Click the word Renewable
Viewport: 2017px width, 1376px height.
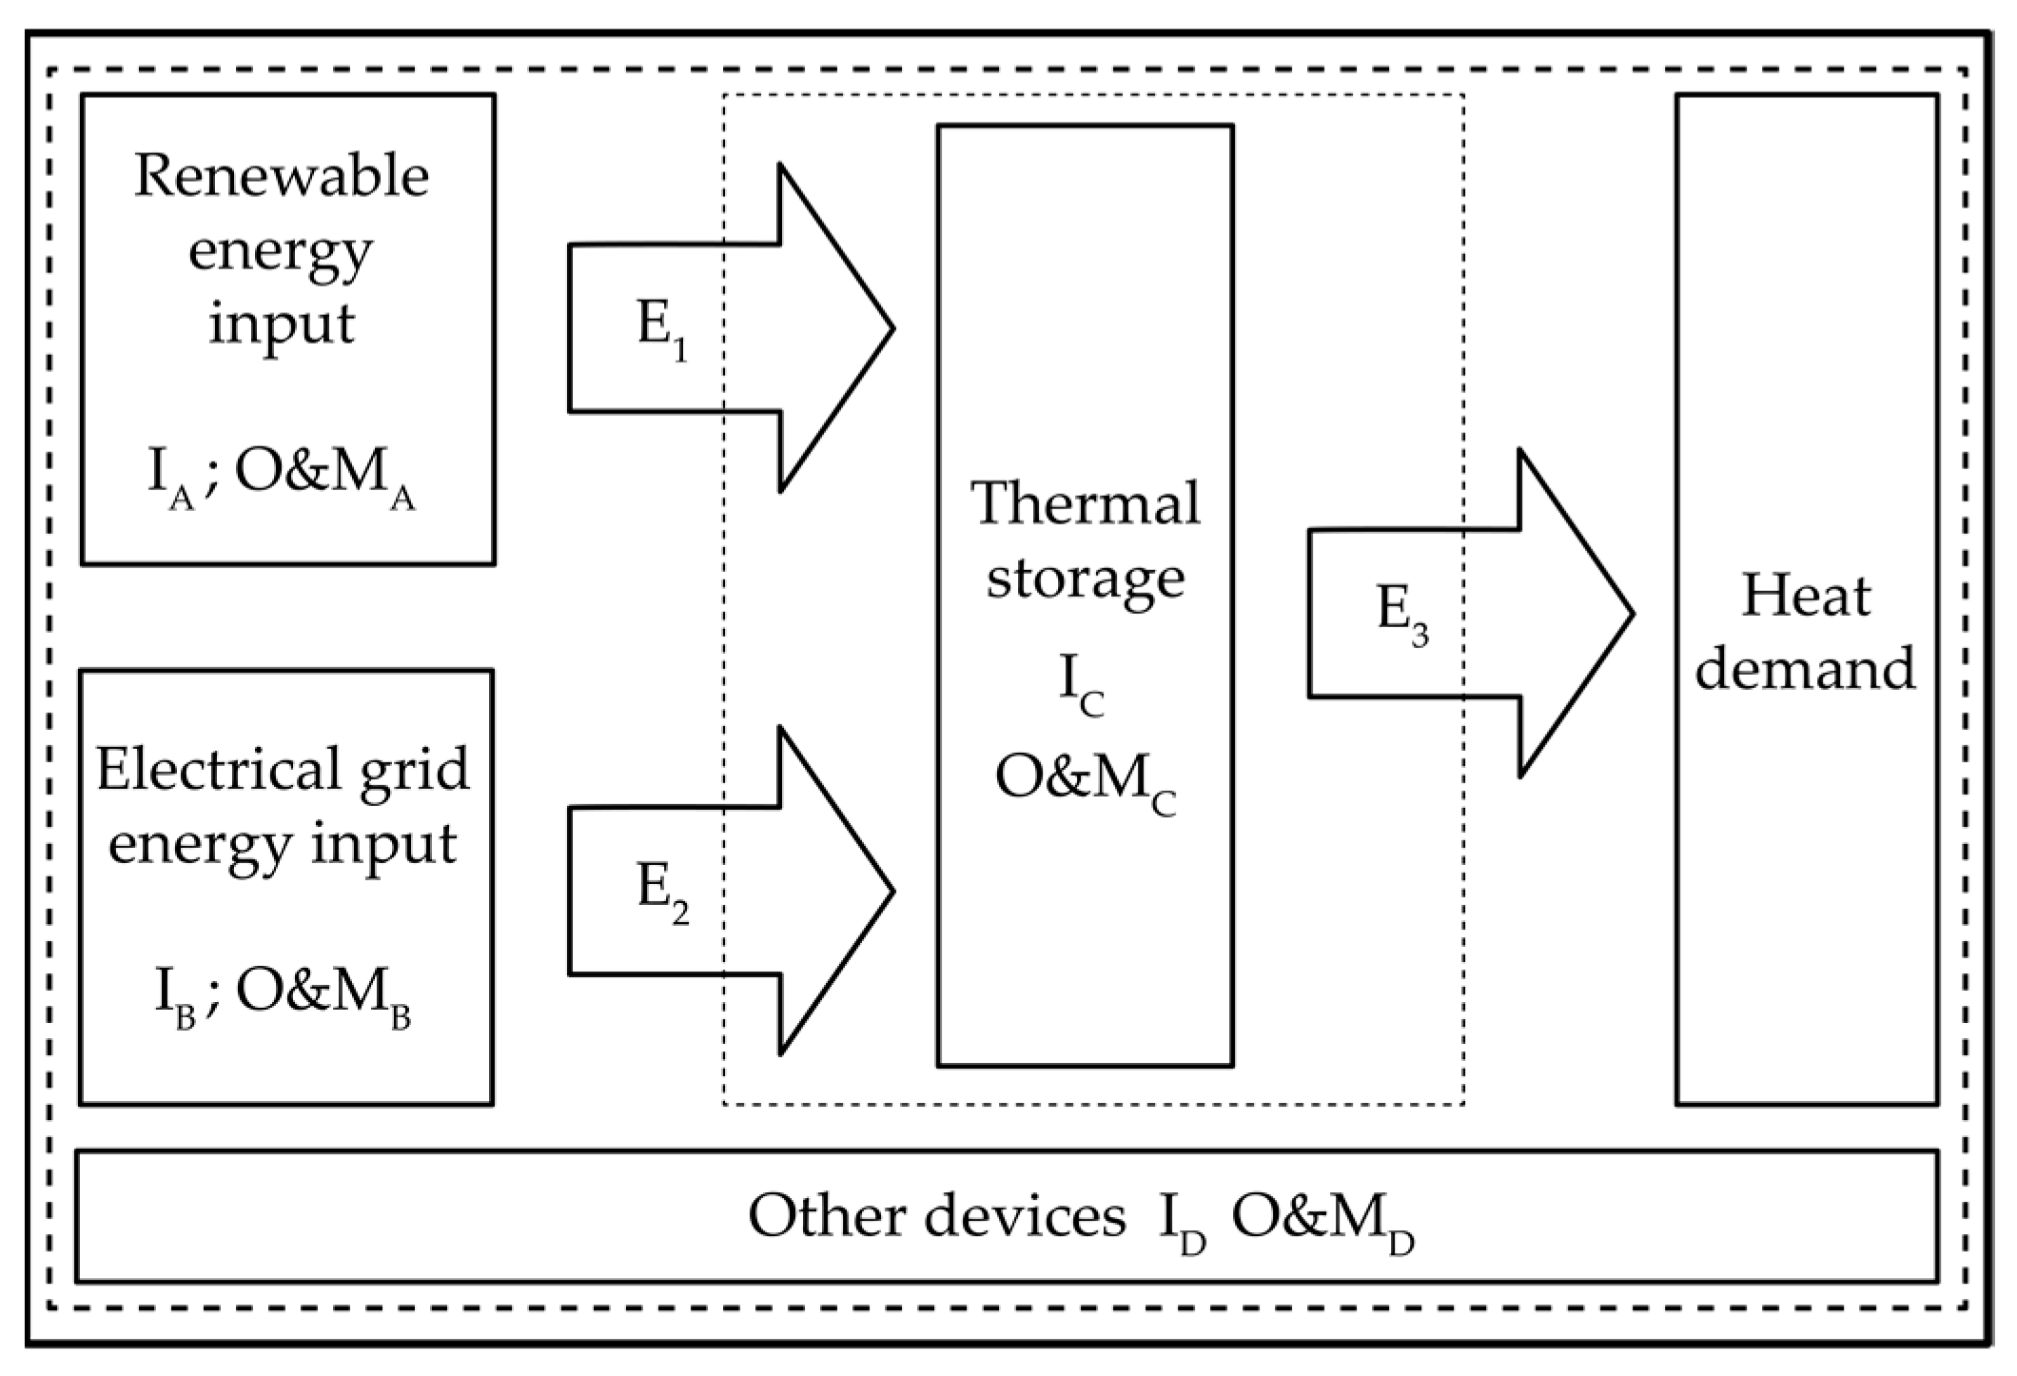coord(282,177)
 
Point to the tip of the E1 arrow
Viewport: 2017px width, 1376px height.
coord(891,328)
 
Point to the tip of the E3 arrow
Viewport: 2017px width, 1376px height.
coord(1631,614)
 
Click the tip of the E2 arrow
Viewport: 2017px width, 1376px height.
coord(891,892)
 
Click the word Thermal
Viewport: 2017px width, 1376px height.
coord(1086,503)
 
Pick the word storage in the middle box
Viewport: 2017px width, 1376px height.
coord(1086,578)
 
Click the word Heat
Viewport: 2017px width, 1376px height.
coord(1805,597)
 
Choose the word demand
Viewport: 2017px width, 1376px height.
coord(1805,669)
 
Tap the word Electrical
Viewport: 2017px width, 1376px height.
coord(218,770)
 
